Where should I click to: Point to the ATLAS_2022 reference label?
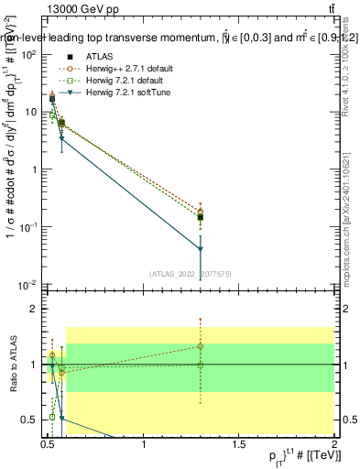pyautogui.click(x=191, y=274)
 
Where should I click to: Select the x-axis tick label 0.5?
pyautogui.click(x=49, y=446)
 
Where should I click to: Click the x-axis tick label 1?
pyautogui.click(x=145, y=446)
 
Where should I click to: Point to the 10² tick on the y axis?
pyautogui.click(x=29, y=55)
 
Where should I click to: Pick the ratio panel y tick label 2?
pyautogui.click(x=34, y=309)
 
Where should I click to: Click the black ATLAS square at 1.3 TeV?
pyautogui.click(x=201, y=217)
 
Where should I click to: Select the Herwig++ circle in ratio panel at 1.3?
pyautogui.click(x=201, y=346)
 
